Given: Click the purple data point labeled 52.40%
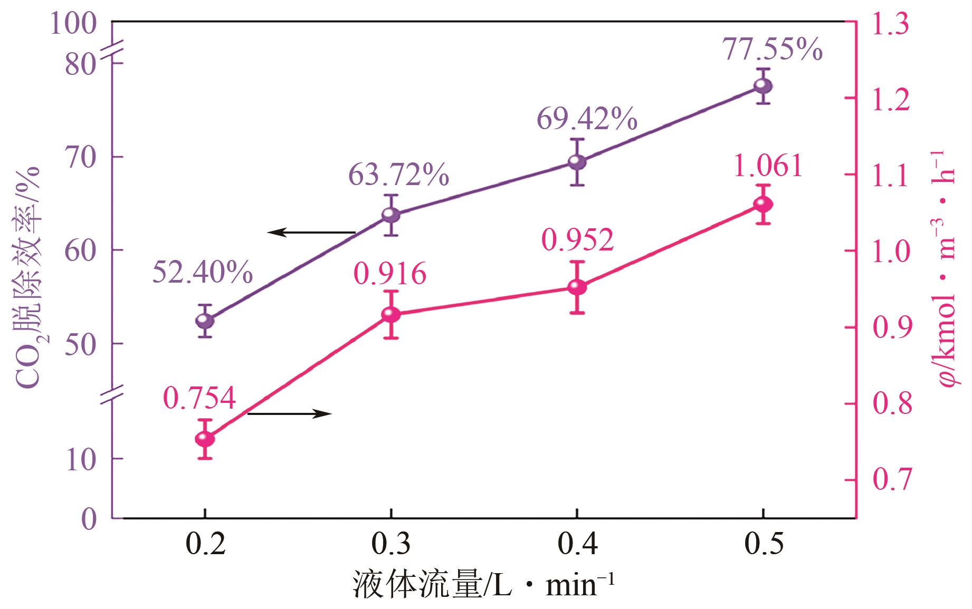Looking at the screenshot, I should pyautogui.click(x=204, y=321).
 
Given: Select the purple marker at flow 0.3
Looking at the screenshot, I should pyautogui.click(x=390, y=215).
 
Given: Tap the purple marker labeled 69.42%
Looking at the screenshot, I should pyautogui.click(x=577, y=162).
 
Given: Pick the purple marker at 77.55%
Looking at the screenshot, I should pyautogui.click(x=763, y=86).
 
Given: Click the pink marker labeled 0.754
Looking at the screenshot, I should pyautogui.click(x=204, y=439).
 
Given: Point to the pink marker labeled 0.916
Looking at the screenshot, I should pyautogui.click(x=390, y=315).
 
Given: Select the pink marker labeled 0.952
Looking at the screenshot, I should pyautogui.click(x=577, y=287).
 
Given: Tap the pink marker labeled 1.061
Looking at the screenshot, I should pyautogui.click(x=763, y=204).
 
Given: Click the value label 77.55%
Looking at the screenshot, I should pyautogui.click(x=772, y=50).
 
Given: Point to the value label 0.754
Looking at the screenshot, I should pyautogui.click(x=199, y=399).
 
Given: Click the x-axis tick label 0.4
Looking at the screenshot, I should pyautogui.click(x=577, y=545).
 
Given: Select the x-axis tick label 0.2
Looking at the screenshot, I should pyautogui.click(x=205, y=545).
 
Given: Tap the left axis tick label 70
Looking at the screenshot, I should pyautogui.click(x=82, y=158).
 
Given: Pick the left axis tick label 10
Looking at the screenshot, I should pyautogui.click(x=82, y=459).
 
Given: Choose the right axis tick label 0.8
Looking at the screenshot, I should pyautogui.click(x=891, y=404).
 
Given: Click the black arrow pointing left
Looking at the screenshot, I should pyautogui.click(x=311, y=232).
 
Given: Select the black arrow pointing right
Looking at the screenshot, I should pyautogui.click(x=289, y=414).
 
